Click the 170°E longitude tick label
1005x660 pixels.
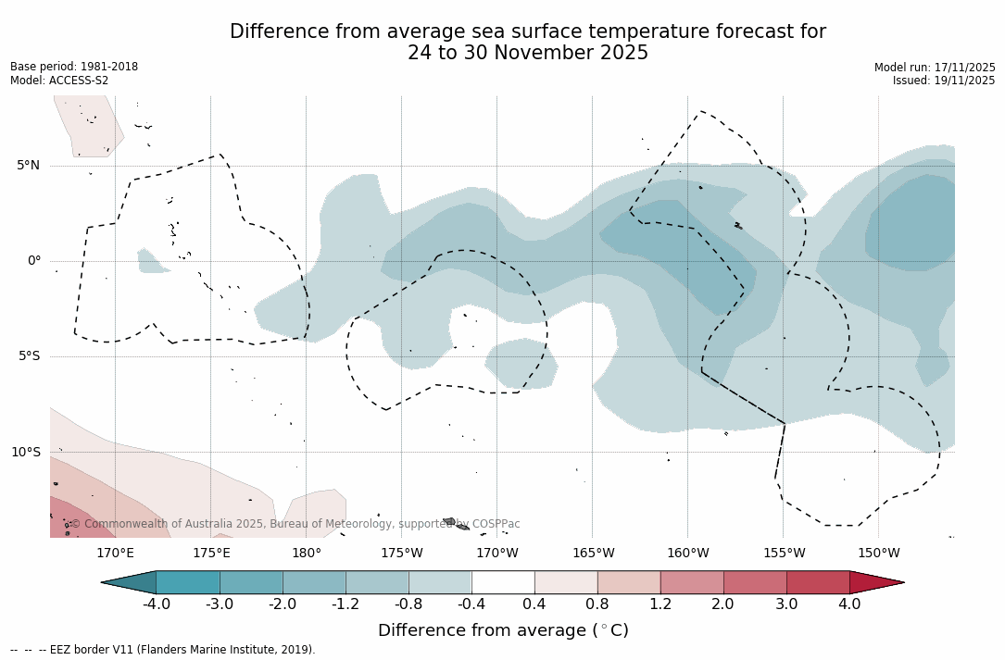[116, 554]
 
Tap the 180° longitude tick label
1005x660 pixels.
[307, 554]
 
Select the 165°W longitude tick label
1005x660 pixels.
[593, 554]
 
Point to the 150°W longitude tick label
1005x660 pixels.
[879, 554]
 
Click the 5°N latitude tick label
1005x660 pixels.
[28, 166]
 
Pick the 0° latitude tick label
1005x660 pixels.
[33, 261]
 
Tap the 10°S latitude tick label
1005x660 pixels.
[25, 453]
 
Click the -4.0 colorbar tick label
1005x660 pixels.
[156, 604]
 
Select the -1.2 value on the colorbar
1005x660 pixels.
[345, 604]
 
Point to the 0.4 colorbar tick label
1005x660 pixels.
[534, 604]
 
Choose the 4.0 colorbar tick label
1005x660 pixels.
[849, 604]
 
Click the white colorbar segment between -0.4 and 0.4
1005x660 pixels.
[503, 582]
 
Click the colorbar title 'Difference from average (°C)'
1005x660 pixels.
[503, 630]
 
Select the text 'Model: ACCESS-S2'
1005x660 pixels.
[59, 81]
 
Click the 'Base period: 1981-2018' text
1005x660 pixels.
[74, 67]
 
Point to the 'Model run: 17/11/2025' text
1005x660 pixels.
[935, 68]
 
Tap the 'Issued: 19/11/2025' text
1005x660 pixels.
[944, 81]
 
